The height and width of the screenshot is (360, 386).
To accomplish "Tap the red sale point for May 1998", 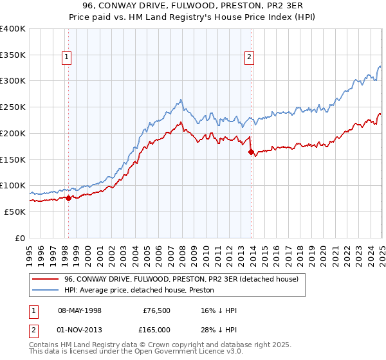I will (68, 198).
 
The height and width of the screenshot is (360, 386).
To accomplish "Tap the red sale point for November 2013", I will (251, 152).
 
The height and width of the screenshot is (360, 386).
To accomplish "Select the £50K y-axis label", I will (15, 212).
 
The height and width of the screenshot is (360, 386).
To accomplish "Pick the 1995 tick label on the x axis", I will (30, 250).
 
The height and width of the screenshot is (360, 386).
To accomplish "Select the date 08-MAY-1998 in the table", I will (80, 310).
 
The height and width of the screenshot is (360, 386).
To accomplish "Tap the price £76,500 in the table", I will (155, 310).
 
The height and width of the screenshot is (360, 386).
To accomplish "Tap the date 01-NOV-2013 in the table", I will (80, 330).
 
